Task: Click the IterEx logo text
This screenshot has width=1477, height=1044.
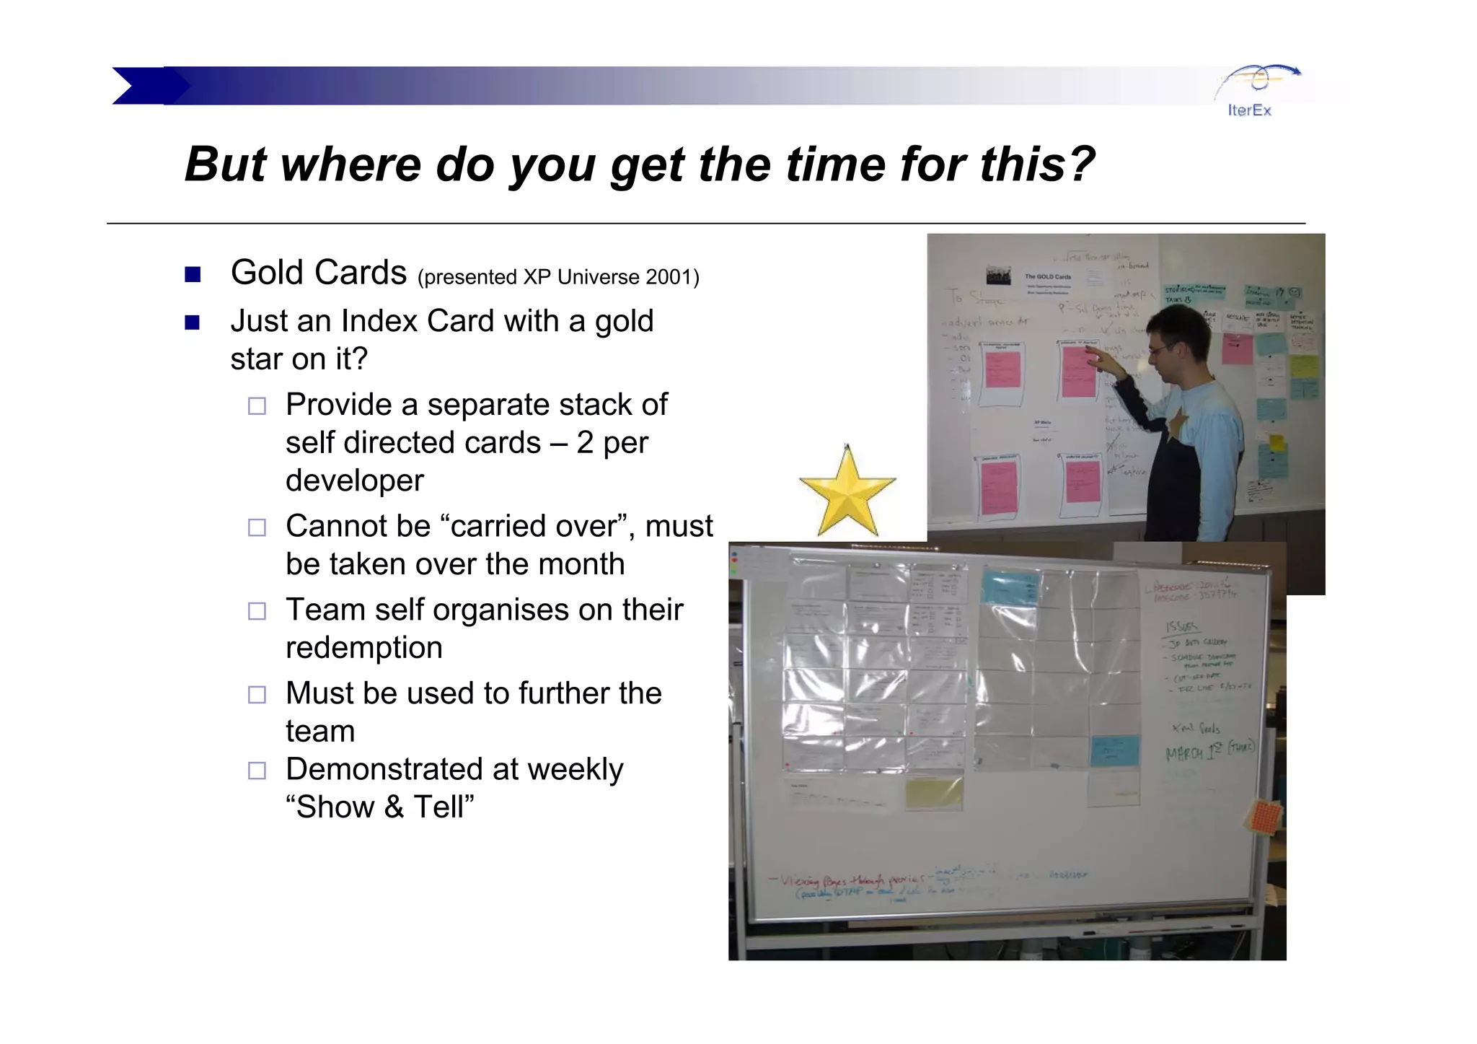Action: click(x=1249, y=110)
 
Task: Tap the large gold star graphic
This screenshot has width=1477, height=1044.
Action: click(x=847, y=492)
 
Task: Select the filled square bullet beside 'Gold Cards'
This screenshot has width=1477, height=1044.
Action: click(x=193, y=275)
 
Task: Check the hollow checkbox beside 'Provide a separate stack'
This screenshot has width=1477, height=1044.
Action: click(x=257, y=406)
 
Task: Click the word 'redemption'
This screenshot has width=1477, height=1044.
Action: click(x=363, y=648)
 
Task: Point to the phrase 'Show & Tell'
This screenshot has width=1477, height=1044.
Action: click(x=380, y=807)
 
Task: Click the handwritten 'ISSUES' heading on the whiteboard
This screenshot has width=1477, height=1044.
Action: click(x=1181, y=626)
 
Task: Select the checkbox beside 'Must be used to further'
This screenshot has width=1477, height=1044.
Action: click(x=257, y=695)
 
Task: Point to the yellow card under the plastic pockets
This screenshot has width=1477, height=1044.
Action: click(x=933, y=792)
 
